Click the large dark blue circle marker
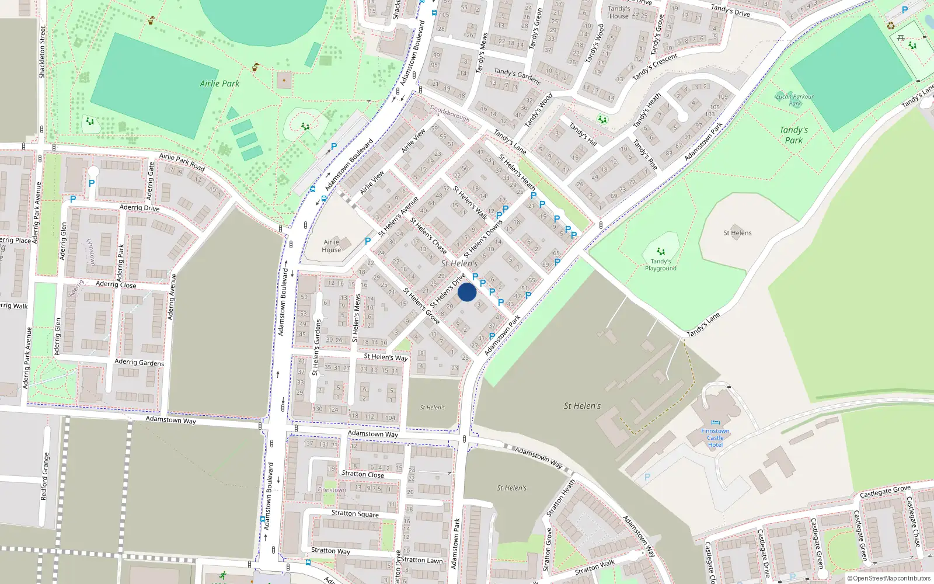click(467, 292)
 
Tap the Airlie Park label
click(219, 84)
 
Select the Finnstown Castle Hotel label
click(715, 438)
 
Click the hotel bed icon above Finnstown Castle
click(716, 422)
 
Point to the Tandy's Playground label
click(660, 265)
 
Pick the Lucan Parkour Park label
click(794, 100)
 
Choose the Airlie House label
click(331, 246)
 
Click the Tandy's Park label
click(793, 135)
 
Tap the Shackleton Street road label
click(42, 53)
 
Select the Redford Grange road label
click(44, 477)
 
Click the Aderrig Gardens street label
click(139, 362)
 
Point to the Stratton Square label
click(355, 513)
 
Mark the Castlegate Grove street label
click(885, 492)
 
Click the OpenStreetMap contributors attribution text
click(888, 579)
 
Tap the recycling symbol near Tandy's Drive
click(891, 26)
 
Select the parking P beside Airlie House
click(368, 241)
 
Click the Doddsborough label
click(449, 113)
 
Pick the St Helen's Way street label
click(385, 357)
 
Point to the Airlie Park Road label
click(182, 162)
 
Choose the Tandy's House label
click(619, 12)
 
